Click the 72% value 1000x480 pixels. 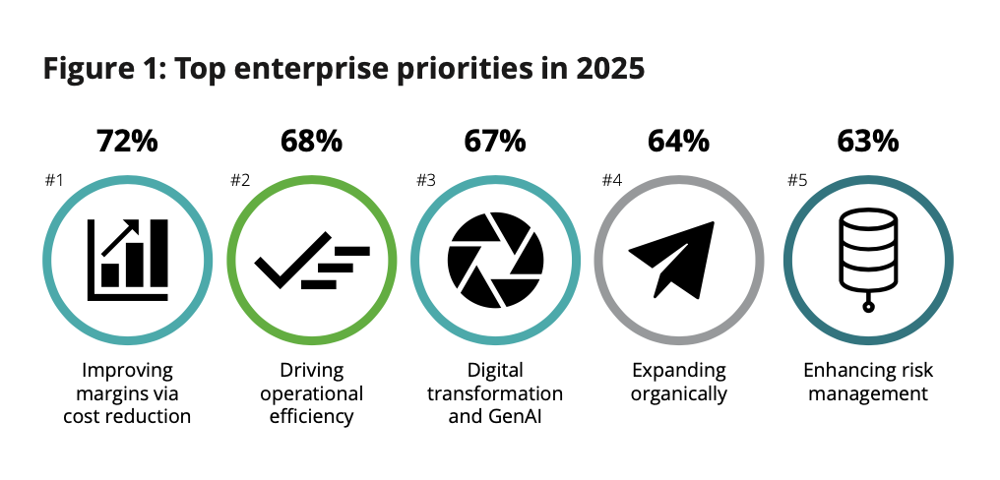point(127,141)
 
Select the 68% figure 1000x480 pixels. point(311,141)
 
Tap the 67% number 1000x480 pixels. point(494,141)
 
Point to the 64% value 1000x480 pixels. point(678,141)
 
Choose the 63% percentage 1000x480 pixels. point(867,141)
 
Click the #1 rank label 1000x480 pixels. point(54,181)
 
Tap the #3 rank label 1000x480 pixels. point(424,181)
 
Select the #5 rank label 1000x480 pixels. point(797,181)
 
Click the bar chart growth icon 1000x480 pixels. point(127,259)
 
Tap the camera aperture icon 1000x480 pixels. point(494,259)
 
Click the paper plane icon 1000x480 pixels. point(678,259)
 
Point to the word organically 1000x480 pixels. point(678,394)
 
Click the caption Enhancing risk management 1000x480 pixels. point(867,383)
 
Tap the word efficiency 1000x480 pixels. point(311,416)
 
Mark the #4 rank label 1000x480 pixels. point(611,181)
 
